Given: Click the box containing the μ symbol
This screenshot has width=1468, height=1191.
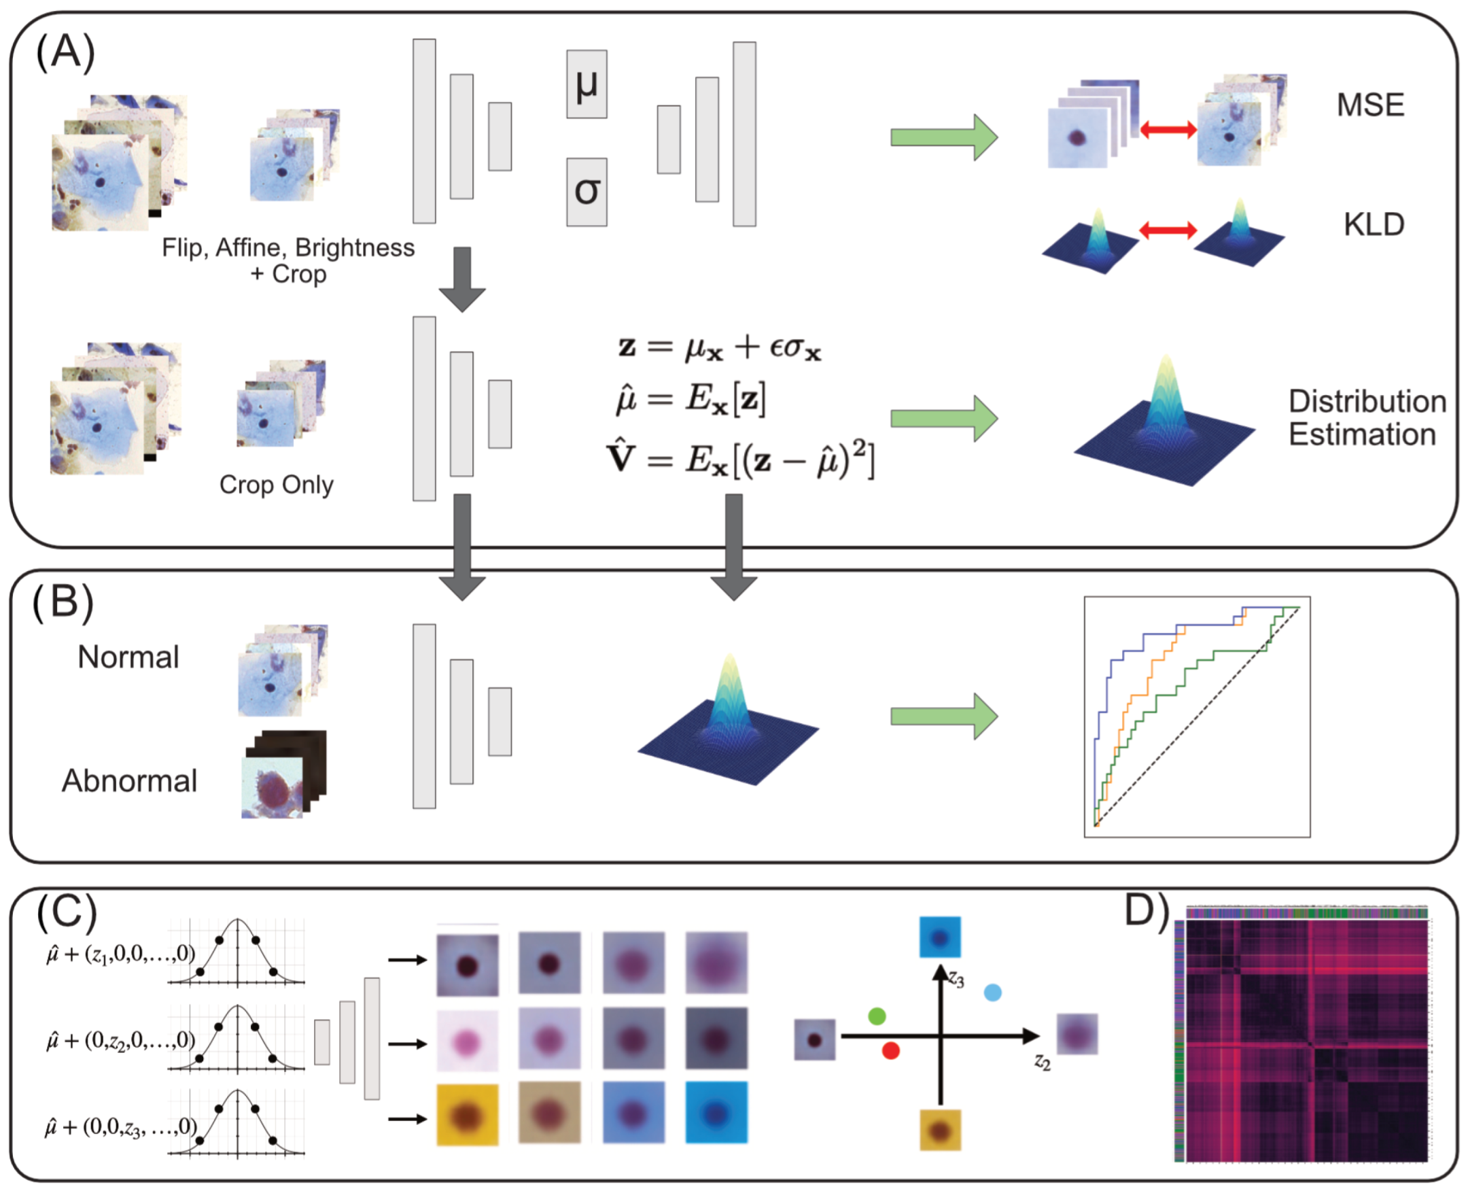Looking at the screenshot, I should [587, 84].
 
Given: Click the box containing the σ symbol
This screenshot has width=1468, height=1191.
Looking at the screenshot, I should [587, 192].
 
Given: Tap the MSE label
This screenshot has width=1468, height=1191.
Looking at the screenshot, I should [1370, 105].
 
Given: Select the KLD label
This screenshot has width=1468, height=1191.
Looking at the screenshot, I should [1374, 224].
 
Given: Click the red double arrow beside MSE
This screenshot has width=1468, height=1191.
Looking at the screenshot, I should [1168, 128].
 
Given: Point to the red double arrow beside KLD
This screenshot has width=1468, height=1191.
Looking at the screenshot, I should [1168, 230].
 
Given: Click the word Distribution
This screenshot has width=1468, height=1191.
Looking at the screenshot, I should [1367, 401].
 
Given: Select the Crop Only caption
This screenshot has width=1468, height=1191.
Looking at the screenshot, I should [277, 485].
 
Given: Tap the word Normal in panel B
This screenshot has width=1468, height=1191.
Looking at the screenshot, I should [128, 657].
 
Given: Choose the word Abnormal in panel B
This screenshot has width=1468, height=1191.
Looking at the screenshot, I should [130, 780].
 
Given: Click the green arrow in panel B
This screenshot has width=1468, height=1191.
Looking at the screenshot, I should [944, 717].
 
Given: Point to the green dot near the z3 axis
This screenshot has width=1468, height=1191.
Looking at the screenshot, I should [877, 1016].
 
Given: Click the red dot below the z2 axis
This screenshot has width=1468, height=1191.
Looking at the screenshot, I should [890, 1050].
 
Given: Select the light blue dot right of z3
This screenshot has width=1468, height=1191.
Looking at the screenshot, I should [993, 992].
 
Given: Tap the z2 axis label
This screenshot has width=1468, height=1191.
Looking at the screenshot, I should [1042, 1063].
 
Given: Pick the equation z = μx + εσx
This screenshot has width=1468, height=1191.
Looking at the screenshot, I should [719, 348].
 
